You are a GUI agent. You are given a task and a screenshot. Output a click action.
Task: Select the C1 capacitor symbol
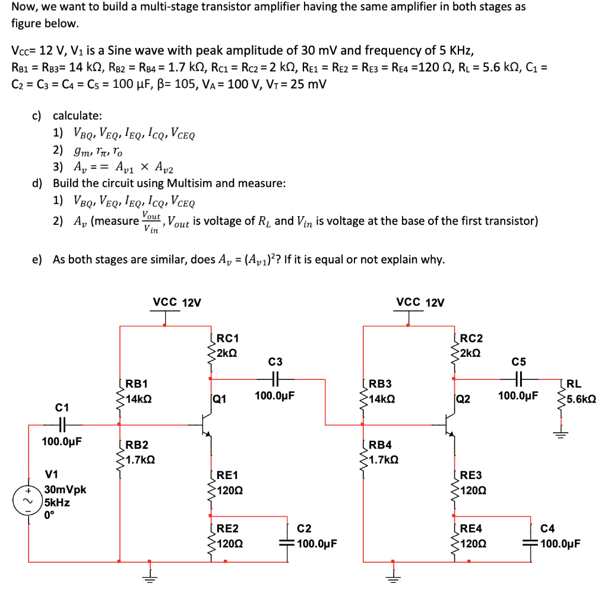coord(62,424)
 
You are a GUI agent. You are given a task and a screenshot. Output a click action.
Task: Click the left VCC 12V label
coord(177,302)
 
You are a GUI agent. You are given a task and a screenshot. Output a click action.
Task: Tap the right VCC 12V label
coord(420,302)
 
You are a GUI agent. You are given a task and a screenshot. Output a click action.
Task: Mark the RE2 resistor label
coord(227,528)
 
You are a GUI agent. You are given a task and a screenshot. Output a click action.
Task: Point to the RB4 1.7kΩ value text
coord(382,459)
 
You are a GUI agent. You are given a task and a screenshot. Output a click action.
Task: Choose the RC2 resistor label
coord(471,338)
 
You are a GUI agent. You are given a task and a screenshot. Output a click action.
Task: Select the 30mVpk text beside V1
coord(65,490)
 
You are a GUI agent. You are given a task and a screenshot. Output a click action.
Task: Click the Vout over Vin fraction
coord(151,221)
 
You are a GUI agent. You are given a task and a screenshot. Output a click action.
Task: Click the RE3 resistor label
coord(471,475)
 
